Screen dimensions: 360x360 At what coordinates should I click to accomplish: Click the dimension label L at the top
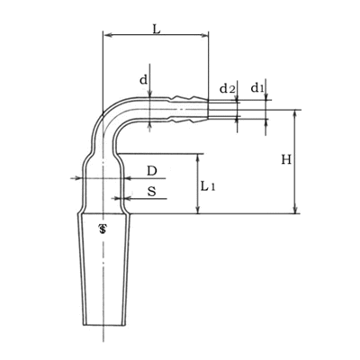(157, 29)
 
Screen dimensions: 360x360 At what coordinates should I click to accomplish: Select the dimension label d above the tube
(144, 80)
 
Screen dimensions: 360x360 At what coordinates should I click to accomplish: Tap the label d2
(227, 89)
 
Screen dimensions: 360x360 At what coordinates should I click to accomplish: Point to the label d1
(257, 88)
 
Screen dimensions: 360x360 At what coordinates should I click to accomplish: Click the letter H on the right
(286, 159)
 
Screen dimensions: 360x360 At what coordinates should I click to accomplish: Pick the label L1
(208, 187)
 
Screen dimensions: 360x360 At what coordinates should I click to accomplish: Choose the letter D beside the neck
(152, 171)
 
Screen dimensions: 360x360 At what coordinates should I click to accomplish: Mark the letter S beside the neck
(152, 191)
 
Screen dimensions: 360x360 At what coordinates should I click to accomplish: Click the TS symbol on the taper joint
(103, 229)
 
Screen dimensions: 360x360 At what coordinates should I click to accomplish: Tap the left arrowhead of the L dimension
(107, 35)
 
